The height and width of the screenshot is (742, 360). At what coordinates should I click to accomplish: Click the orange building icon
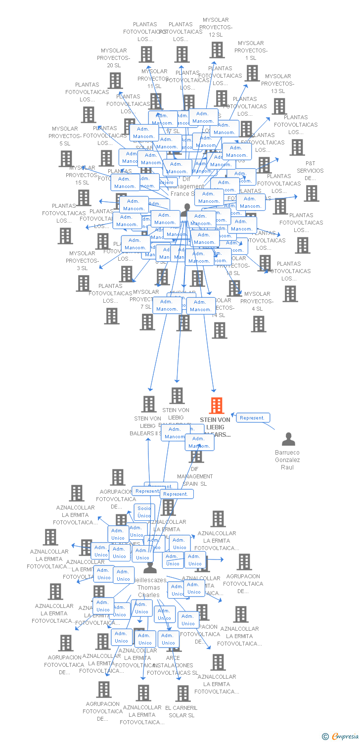(216, 405)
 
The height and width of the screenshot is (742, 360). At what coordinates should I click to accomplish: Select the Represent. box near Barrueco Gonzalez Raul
(253, 418)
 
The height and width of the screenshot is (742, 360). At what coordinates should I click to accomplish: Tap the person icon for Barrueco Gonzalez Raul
(288, 439)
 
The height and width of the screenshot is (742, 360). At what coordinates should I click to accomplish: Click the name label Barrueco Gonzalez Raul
(287, 460)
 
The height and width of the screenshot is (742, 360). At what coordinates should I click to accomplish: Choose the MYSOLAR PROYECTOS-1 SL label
(251, 50)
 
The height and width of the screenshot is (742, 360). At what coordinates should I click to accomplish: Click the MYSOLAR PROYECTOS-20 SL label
(114, 58)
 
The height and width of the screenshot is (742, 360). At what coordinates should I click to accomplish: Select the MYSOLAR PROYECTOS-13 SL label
(278, 84)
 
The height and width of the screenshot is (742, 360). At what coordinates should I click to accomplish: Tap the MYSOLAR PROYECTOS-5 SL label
(65, 136)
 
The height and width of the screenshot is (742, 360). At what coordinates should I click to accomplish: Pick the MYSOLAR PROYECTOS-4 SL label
(257, 301)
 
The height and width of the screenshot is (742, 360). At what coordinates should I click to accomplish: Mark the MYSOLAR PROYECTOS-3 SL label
(82, 261)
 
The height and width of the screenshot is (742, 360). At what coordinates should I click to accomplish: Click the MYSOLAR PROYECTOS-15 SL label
(82, 175)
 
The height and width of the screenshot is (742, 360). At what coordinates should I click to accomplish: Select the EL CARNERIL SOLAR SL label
(181, 711)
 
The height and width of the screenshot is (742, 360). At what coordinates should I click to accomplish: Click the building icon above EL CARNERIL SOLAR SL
(183, 693)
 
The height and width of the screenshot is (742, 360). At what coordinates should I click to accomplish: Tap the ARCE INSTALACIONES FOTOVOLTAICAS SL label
(173, 665)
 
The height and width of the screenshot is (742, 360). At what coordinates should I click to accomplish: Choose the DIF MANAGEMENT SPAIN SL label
(195, 476)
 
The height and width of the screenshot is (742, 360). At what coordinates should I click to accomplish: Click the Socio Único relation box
(144, 512)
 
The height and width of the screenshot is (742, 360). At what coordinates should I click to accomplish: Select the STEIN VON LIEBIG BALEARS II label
(147, 426)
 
